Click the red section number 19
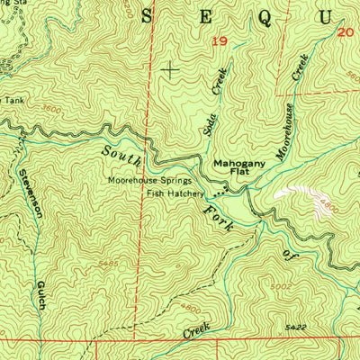pyautogui.click(x=219, y=41)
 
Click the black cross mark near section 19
pyautogui.click(x=170, y=67)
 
